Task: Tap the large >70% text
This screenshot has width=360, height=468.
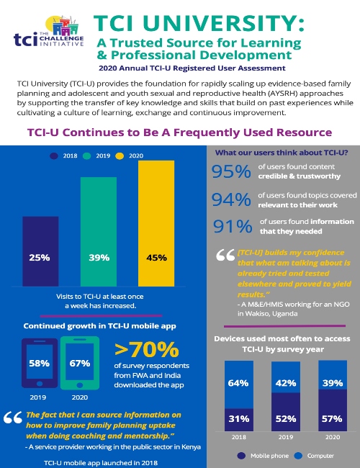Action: (146, 350)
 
